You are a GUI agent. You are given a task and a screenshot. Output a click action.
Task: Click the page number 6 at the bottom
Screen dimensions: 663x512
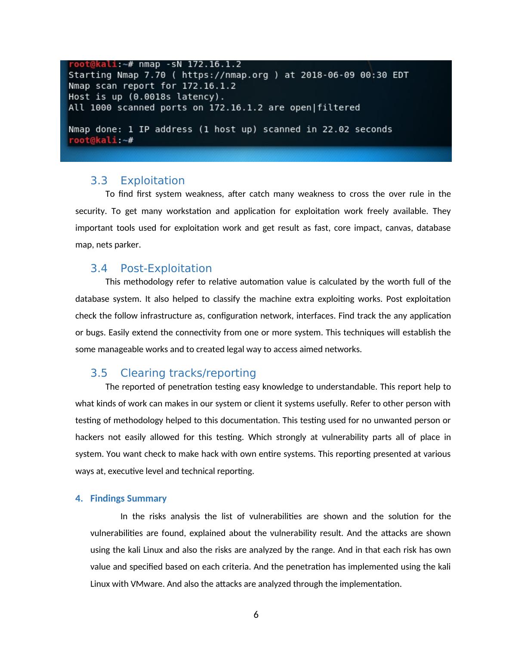point(256,615)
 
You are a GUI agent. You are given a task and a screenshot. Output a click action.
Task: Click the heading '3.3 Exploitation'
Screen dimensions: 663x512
point(137,181)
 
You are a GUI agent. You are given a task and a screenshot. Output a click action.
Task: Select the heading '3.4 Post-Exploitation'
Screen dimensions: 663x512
point(151,269)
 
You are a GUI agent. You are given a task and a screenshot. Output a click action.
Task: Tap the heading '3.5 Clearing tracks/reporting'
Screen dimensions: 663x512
point(173,373)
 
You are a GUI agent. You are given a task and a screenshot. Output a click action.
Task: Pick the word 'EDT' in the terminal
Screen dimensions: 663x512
point(400,75)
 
